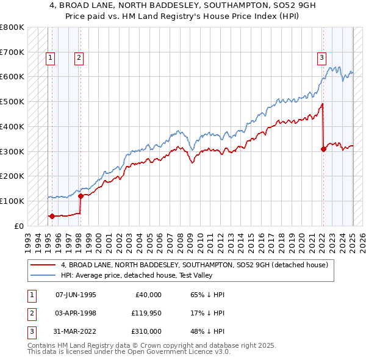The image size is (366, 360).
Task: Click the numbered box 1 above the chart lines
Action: (49, 59)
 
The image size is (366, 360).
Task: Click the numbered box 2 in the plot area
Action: (79, 59)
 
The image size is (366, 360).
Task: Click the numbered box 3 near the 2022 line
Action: (321, 59)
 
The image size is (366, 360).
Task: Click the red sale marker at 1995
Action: (52, 215)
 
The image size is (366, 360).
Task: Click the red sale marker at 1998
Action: (81, 196)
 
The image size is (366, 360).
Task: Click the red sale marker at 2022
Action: (323, 148)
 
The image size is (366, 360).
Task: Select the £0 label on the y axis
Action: (19, 226)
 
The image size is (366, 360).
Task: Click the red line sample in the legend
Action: (43, 265)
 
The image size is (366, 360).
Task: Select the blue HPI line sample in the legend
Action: (43, 275)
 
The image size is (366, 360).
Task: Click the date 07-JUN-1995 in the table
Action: (76, 295)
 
